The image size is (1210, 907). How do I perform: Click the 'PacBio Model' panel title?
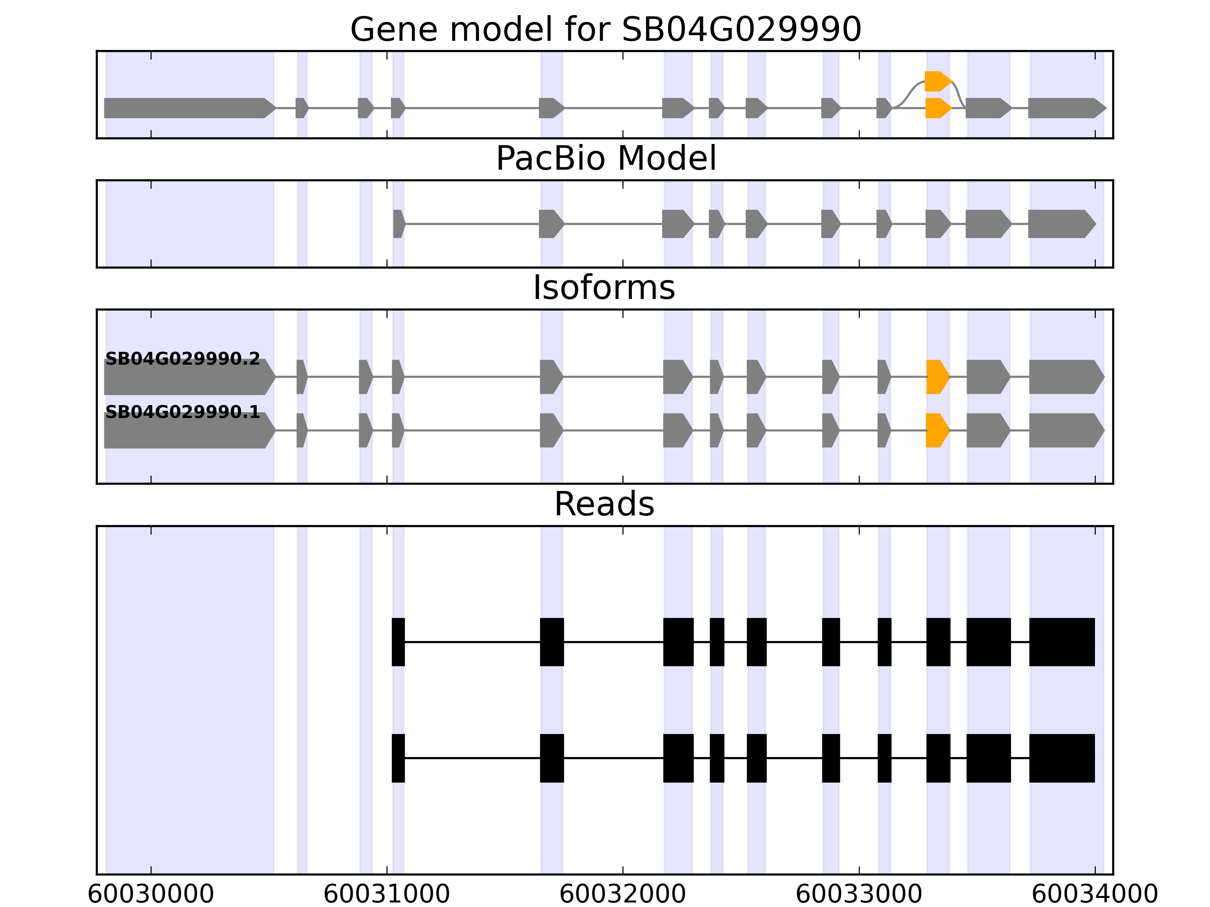pyautogui.click(x=605, y=159)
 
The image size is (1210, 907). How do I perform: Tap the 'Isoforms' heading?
pyautogui.click(x=604, y=288)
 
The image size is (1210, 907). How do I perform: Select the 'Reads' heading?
pyautogui.click(x=604, y=504)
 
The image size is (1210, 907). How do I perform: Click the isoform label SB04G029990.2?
pyautogui.click(x=182, y=359)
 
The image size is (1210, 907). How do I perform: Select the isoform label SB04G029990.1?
pyautogui.click(x=182, y=412)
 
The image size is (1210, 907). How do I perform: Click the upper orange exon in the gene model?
pyautogui.click(x=937, y=81)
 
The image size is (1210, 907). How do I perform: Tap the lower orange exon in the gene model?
pyautogui.click(x=937, y=108)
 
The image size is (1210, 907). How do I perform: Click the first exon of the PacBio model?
pyautogui.click(x=398, y=224)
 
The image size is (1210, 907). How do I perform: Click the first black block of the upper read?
pyautogui.click(x=398, y=642)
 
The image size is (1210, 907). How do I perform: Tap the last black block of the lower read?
pyautogui.click(x=1062, y=758)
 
